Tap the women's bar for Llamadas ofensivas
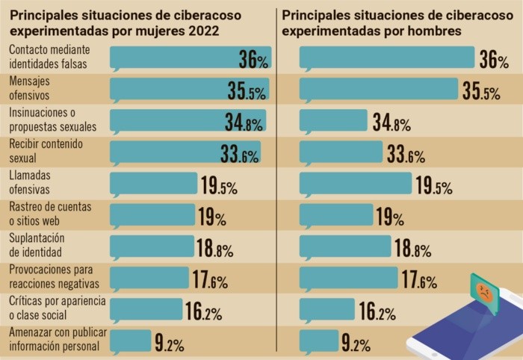tap(153, 184)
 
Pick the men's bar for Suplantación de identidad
tap(344, 246)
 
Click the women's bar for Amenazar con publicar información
tap(130, 341)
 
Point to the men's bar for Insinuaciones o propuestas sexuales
tap(333, 121)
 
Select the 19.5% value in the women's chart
tap(218, 186)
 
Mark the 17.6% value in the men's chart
tap(418, 281)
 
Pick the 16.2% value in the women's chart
tap(203, 312)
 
